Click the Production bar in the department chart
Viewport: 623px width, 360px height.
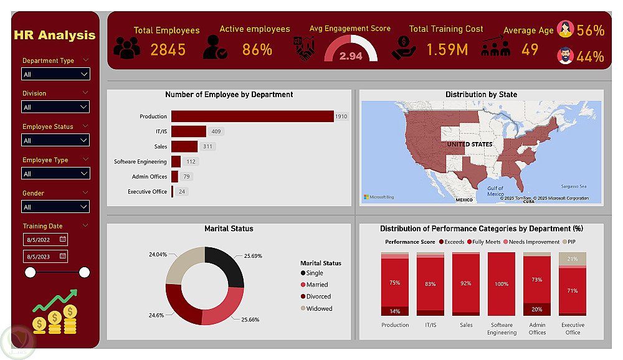252,116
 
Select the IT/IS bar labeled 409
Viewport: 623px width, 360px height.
188,131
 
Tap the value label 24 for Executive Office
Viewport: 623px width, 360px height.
182,192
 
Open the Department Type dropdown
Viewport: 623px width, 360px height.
56,75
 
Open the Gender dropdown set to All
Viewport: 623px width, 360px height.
56,207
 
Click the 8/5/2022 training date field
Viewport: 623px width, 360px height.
45,239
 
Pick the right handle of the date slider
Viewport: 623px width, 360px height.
85,272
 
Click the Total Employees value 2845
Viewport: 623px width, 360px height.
168,50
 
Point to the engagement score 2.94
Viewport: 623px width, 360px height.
351,56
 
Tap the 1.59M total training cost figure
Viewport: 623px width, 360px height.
447,50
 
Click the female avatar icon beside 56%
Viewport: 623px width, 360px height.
565,29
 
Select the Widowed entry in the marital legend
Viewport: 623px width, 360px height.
319,308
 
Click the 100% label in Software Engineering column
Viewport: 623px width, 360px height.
502,284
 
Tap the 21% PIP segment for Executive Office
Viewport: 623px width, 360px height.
572,259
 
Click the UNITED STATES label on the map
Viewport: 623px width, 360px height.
469,144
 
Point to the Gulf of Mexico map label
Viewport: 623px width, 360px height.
495,191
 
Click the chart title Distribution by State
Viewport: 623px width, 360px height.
481,95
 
